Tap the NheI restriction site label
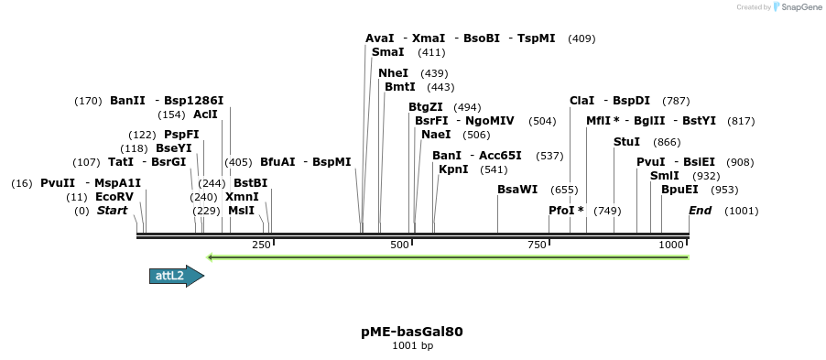[393, 73]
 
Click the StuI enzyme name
[627, 142]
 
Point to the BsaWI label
[517, 190]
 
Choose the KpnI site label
[453, 169]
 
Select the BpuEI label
[679, 190]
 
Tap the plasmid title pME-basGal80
[412, 332]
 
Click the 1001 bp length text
[412, 346]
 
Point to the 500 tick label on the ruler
[399, 245]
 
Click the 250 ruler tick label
[261, 245]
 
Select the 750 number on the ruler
[537, 245]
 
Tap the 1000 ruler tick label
[672, 245]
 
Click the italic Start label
[112, 211]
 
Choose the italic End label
[700, 211]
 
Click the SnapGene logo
[795, 7]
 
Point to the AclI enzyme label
[205, 115]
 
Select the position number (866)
[667, 142]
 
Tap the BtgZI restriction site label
[426, 107]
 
